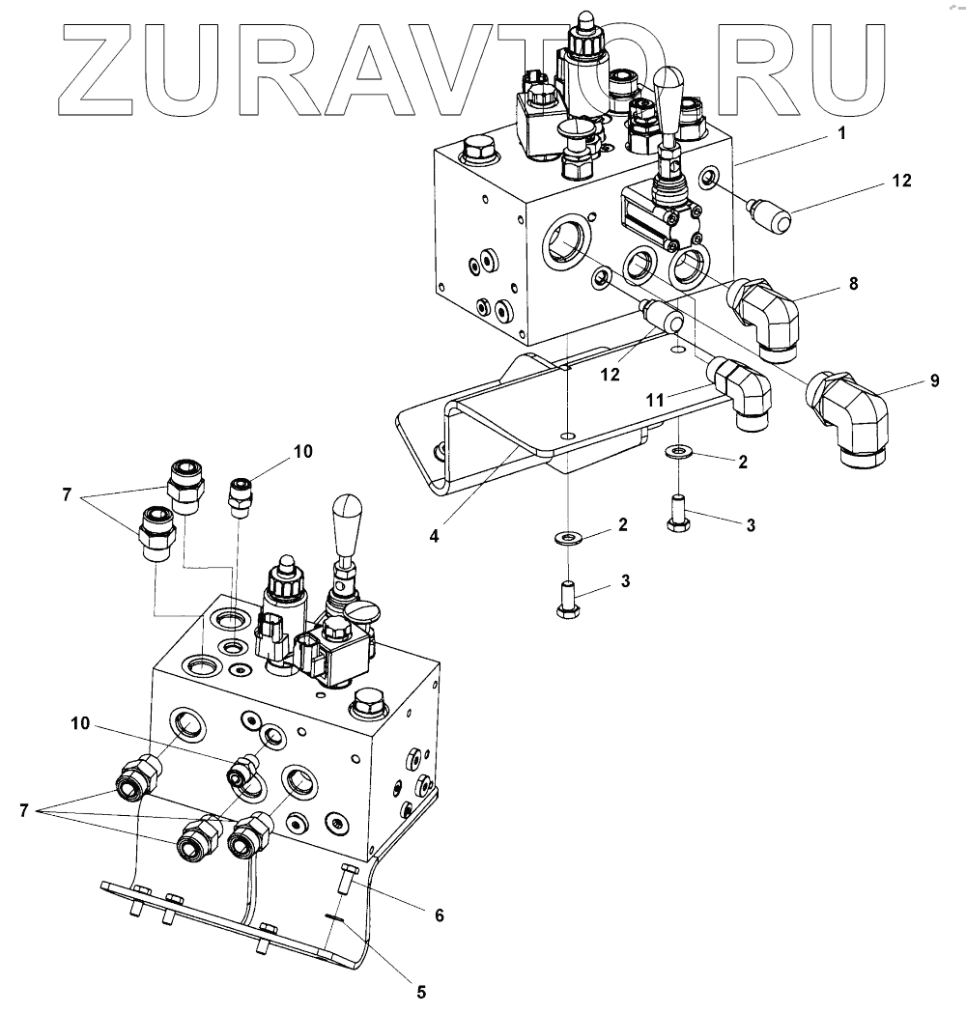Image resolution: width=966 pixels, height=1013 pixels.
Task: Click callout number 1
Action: pos(841,134)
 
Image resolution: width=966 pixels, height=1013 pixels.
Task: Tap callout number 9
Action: pos(934,380)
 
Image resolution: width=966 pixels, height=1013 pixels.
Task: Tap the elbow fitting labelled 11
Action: pos(743,391)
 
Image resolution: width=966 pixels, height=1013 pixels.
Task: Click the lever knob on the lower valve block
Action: pos(347,521)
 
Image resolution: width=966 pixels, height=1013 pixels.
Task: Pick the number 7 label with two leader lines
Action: pos(66,495)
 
